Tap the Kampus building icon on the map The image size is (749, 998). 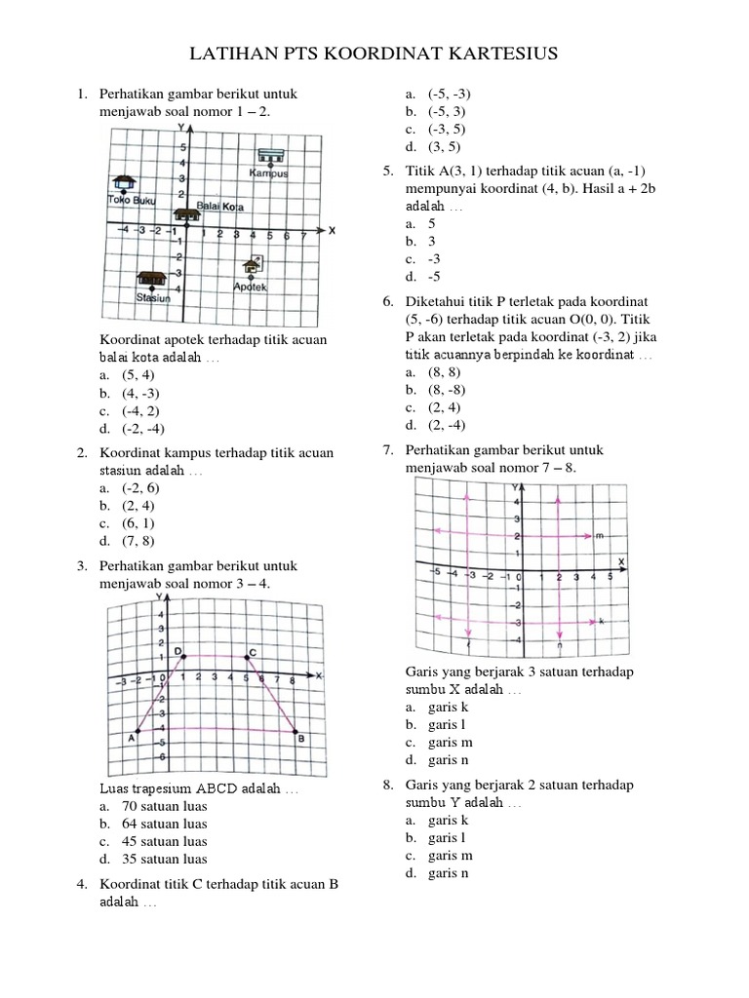[270, 156]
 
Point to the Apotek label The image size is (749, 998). [250, 286]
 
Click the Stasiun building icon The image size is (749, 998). [150, 279]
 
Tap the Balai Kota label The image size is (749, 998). [220, 207]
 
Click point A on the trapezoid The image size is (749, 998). [138, 731]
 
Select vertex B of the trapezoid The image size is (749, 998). [296, 731]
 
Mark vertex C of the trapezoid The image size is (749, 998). [247, 657]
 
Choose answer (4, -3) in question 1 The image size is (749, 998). [139, 393]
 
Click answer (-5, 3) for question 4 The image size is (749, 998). [448, 112]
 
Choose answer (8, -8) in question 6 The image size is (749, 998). [448, 390]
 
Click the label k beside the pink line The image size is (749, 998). [601, 621]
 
